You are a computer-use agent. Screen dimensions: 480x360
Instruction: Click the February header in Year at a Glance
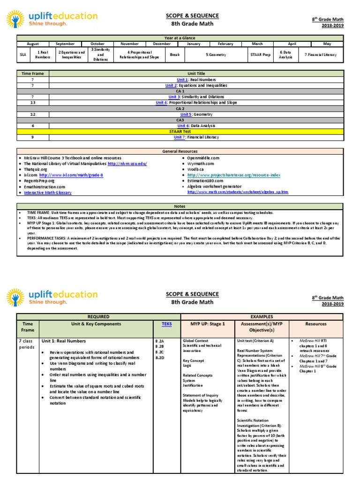pyautogui.click(x=225, y=44)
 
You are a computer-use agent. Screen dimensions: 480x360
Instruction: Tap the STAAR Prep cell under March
pyautogui.click(x=257, y=54)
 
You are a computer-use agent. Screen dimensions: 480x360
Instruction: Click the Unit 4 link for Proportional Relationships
pyautogui.click(x=161, y=102)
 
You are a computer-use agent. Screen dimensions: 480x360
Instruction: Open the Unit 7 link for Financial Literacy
pyautogui.click(x=179, y=137)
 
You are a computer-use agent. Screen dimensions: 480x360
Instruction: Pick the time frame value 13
pyautogui.click(x=32, y=102)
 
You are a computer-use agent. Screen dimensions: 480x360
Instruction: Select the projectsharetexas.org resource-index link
pyautogui.click(x=234, y=175)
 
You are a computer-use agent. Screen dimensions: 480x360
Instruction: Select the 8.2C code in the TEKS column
pyautogui.click(x=159, y=352)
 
